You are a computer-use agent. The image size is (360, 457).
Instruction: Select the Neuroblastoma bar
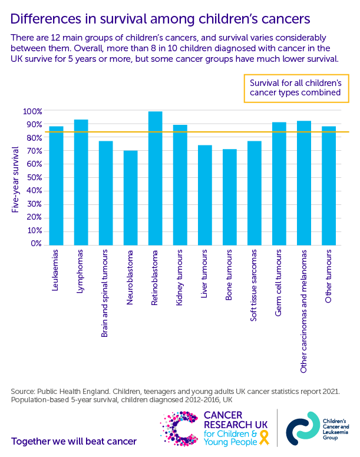[x=131, y=197]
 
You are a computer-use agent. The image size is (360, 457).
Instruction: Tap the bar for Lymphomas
[x=81, y=182]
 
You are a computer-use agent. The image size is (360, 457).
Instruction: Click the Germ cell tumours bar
[x=279, y=183]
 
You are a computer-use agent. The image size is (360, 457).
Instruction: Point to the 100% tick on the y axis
[x=32, y=111]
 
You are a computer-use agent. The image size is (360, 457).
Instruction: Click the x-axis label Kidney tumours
[x=180, y=276]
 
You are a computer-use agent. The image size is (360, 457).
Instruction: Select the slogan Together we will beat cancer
[x=74, y=441]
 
